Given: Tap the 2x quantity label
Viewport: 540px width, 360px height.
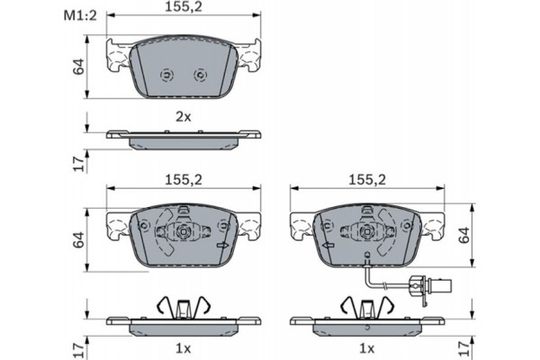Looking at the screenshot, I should tap(184, 116).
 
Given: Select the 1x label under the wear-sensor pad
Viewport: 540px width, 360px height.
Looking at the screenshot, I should tap(366, 346).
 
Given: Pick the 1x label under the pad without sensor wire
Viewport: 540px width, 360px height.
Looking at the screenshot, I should tap(184, 346).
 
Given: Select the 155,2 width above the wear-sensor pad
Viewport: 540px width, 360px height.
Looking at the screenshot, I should tap(366, 179).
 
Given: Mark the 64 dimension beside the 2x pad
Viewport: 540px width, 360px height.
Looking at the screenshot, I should tap(78, 66).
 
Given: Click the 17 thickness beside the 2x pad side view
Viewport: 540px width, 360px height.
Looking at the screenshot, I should tap(78, 162).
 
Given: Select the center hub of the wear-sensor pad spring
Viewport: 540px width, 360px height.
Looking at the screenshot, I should tap(366, 232).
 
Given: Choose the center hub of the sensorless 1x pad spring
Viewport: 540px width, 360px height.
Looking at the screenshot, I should tap(184, 232).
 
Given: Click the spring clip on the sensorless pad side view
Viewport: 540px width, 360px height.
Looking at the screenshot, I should tap(184, 306).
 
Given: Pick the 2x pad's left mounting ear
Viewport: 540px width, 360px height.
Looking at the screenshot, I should tap(118, 59).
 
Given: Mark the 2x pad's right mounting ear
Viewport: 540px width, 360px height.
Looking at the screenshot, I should tap(249, 59).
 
